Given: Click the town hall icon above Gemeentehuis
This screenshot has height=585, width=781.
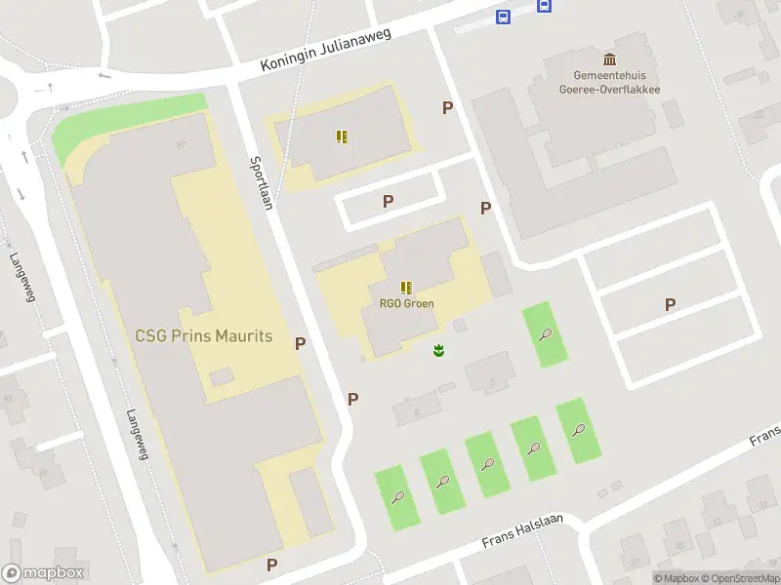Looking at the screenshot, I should (x=610, y=59).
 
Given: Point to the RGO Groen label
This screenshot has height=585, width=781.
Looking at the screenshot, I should (x=406, y=303).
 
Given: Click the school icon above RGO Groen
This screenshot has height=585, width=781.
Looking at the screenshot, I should (x=406, y=288).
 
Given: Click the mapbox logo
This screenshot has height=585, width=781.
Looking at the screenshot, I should (x=43, y=573).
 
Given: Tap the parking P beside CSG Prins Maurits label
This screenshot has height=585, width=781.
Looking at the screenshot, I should (x=300, y=342).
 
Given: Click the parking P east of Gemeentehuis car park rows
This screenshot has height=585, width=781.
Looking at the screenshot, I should (x=670, y=304).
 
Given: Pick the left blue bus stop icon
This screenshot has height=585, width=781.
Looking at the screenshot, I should (x=503, y=18).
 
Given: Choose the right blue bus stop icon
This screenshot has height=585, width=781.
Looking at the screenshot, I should (x=544, y=6).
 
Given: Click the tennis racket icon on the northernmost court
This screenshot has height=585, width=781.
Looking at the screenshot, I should (x=545, y=334).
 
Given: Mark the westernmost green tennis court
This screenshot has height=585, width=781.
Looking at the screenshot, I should (x=398, y=497).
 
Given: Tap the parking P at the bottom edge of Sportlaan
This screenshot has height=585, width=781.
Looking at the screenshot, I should (x=271, y=564).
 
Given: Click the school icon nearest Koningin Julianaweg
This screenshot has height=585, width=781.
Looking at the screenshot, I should (x=341, y=136).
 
